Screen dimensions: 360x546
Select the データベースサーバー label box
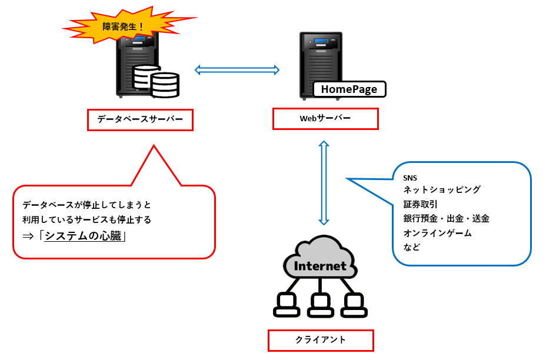point(140,120)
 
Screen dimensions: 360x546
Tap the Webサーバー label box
point(325,118)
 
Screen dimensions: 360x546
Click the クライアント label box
point(321,340)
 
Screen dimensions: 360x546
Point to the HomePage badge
point(349,89)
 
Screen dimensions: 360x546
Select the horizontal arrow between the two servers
point(237,70)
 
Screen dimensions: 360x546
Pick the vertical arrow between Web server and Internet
point(323,182)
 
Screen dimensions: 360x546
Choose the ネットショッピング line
point(442,190)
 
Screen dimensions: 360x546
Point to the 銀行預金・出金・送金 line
point(446,219)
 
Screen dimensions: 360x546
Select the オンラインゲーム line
point(437,233)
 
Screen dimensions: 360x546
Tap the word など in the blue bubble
point(412,247)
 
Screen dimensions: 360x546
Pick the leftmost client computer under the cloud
point(287,304)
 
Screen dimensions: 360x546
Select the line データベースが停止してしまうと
point(86,205)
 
